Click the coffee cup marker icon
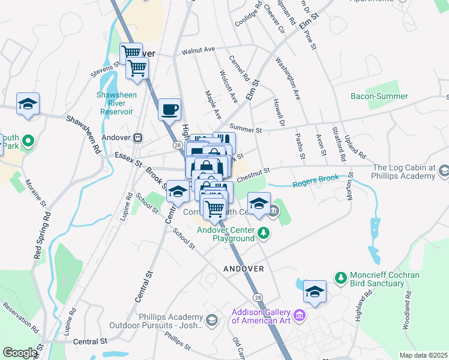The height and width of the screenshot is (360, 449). coord(169,109)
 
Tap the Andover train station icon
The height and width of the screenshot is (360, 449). coord(138,137)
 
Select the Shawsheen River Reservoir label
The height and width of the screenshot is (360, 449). coord(116,103)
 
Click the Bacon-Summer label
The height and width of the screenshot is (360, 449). coord(379,96)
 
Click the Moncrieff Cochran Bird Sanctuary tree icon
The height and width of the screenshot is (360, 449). coord(340,278)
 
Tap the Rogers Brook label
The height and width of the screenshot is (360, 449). coord(316,181)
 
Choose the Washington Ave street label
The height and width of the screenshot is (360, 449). coord(288,79)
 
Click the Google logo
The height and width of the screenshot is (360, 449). coord(20,353)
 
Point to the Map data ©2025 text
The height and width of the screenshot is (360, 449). coord(423,355)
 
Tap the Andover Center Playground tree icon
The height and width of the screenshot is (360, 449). coord(262,232)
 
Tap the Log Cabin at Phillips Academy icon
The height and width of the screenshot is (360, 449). coord(443,172)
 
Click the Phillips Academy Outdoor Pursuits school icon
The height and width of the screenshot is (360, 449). coord(211,321)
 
